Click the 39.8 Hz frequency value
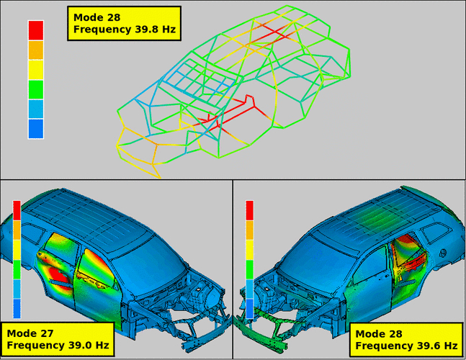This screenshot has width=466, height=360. click(154, 30)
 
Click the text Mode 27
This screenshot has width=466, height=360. click(30, 333)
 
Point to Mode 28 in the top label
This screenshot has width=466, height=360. click(97, 17)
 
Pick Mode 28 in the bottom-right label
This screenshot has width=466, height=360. click(379, 334)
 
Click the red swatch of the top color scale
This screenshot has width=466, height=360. click(36, 30)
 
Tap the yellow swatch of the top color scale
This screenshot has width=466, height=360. click(36, 70)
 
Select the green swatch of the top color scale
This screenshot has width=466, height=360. click(36, 89)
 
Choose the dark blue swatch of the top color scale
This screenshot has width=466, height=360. click(36, 129)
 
